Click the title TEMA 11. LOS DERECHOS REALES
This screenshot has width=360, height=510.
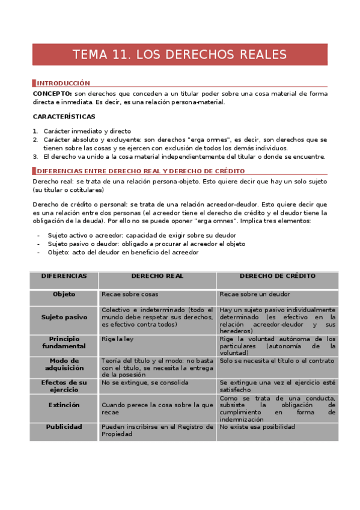coord(180,55)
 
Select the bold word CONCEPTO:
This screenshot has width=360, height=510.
coord(52,94)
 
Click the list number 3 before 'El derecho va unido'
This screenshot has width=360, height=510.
coord(35,156)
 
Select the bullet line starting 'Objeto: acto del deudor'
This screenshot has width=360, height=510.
coord(123,252)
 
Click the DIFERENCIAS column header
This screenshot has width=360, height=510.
coord(64,276)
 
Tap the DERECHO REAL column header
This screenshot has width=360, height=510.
coord(157,276)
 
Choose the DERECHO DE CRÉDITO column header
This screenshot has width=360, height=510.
coord(277,276)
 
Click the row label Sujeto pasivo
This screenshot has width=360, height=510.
coord(64,316)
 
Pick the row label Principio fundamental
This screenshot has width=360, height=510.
coord(64,342)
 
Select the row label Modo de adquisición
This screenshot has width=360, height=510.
coord(64,364)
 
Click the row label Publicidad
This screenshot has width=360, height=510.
coord(64,426)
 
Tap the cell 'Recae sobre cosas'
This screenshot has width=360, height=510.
coord(129,294)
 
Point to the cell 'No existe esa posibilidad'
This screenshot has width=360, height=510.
coord(257,426)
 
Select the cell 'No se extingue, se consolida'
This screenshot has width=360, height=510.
coord(145,382)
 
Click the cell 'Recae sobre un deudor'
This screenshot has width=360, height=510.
coord(255,294)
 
